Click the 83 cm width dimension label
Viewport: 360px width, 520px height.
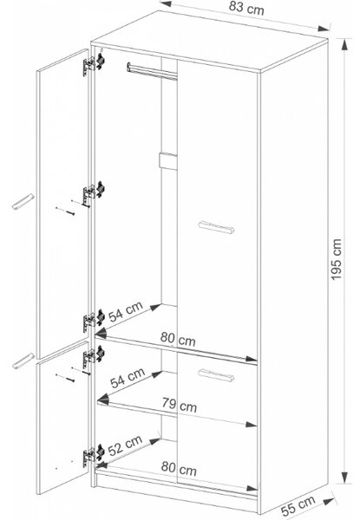tap(246, 8)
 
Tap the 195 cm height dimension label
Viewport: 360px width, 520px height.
tap(336, 259)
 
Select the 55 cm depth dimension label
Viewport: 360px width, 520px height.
tap(298, 505)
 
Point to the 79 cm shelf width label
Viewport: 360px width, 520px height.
tap(180, 405)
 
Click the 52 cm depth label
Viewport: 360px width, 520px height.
tap(125, 445)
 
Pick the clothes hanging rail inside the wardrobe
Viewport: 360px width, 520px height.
tap(152, 71)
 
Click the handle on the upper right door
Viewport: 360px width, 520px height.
tap(216, 227)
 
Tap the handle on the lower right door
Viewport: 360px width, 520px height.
tap(216, 374)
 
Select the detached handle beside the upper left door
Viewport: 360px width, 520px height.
tap(23, 202)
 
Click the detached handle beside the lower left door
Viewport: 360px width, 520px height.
tap(23, 361)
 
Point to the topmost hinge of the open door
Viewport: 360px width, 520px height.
tap(94, 63)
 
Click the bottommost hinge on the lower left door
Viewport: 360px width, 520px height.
tap(94, 455)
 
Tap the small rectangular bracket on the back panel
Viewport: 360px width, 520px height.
tap(168, 161)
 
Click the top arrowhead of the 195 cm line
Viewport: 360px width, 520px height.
tap(345, 44)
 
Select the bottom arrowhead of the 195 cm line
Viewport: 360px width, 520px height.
tap(345, 478)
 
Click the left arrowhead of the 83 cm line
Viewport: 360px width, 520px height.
tap(165, 3)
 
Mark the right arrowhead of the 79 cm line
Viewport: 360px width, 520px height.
tap(252, 424)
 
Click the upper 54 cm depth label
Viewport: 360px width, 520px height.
tap(126, 312)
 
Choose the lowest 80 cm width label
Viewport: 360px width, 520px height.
tap(179, 468)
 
